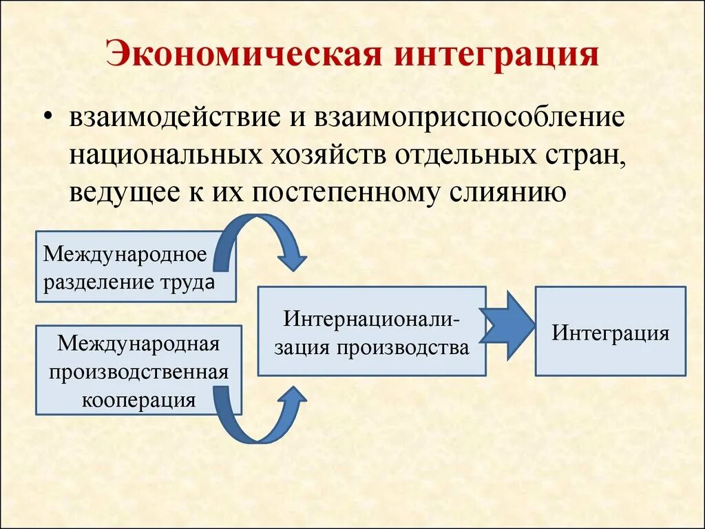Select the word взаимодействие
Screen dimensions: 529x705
click(x=172, y=116)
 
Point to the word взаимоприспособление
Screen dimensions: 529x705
click(x=470, y=116)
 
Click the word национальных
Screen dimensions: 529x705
click(x=159, y=154)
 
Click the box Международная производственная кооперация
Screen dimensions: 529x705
click(x=138, y=371)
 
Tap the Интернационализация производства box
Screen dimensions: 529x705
click(x=372, y=331)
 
